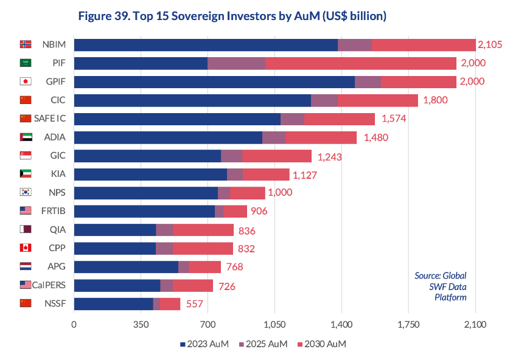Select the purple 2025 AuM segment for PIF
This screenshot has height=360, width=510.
point(236,63)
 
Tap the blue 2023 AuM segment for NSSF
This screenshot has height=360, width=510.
point(113,304)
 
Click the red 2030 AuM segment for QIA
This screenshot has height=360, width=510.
point(203,230)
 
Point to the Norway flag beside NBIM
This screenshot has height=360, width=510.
point(26,44)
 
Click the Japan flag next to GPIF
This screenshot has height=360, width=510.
point(26,81)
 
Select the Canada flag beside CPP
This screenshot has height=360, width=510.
point(26,248)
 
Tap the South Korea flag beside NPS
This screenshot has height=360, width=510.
point(26,193)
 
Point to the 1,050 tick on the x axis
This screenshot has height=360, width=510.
point(274,325)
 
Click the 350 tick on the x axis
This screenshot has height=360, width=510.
point(141,325)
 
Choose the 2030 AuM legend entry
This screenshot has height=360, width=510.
point(323,344)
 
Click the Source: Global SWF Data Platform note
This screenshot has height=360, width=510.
point(441,286)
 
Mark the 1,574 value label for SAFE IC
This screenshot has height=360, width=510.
point(394,119)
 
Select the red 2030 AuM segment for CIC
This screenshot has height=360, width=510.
point(377,100)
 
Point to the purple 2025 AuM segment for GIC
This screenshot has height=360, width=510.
point(231,156)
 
